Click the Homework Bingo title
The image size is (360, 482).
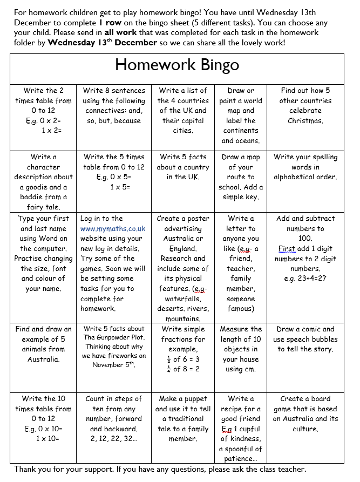pos(177,66)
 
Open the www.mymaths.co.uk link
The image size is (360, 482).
pos(113,229)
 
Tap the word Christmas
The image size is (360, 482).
pos(305,121)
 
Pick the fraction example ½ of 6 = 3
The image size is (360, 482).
pos(183,359)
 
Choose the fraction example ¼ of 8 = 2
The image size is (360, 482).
pos(183,369)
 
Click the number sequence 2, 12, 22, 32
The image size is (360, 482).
pos(113,439)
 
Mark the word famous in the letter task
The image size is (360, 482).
pos(240,309)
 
